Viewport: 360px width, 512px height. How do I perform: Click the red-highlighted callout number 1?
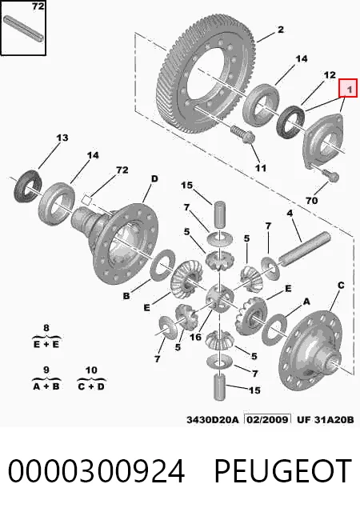[349, 89]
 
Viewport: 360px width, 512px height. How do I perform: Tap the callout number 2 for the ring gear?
[281, 30]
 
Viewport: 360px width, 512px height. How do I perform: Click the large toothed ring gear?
[208, 74]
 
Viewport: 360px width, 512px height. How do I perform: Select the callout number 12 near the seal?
[330, 74]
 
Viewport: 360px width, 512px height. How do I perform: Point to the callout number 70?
[312, 200]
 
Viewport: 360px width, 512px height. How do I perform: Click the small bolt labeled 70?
[330, 175]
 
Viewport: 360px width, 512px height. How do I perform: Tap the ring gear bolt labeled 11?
[243, 135]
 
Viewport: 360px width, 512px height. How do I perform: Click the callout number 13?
[62, 138]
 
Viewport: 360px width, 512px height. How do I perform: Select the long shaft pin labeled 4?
[304, 249]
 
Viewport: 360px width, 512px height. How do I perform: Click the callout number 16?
[195, 337]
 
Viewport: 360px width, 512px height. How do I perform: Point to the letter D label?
[154, 178]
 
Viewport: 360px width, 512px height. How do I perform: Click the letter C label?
[341, 286]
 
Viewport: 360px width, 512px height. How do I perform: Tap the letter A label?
[306, 302]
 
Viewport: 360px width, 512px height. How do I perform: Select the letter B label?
[126, 296]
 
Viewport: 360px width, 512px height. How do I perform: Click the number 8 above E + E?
[46, 327]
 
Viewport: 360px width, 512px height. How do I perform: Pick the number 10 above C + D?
[91, 370]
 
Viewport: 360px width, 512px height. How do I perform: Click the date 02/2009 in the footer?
[267, 419]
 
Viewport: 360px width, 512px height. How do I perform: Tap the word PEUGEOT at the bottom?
[283, 471]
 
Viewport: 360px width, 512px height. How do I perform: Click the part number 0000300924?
[96, 471]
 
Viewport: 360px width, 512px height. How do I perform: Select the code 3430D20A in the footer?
[213, 419]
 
